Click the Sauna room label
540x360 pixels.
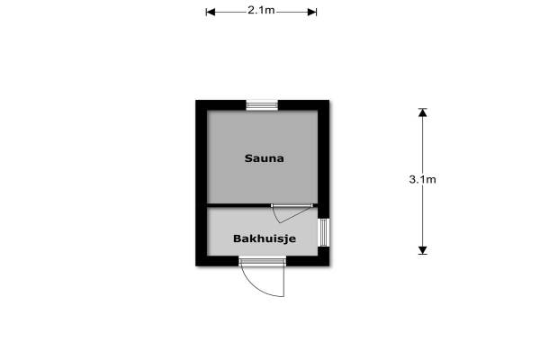tap(264, 158)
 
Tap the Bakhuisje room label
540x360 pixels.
tap(265, 238)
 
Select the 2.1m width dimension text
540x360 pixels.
tap(261, 10)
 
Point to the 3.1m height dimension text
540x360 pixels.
tap(423, 179)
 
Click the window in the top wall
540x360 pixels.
tap(262, 105)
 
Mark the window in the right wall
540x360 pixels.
tap(324, 232)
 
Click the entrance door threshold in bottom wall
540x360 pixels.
tap(263, 261)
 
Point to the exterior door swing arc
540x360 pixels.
tap(256, 286)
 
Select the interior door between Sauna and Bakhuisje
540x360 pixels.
tap(292, 206)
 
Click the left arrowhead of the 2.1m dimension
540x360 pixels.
tap(211, 12)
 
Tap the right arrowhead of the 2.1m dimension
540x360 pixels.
tap(312, 12)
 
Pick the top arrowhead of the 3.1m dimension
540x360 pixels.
tap(423, 112)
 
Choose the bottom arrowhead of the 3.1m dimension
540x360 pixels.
tap(423, 250)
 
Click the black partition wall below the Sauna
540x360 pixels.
tap(239, 206)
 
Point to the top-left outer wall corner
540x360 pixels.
tap(196, 100)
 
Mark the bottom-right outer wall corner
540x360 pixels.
tap(329, 266)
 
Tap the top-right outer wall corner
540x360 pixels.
tap(329, 100)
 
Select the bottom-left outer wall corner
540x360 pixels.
tap(196, 266)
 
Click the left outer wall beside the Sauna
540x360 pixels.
tap(202, 157)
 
